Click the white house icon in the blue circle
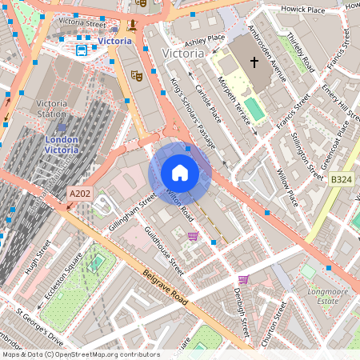coord(180,173)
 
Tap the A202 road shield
coord(80,194)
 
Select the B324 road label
coord(341,181)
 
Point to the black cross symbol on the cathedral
coord(254,62)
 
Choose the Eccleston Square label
coord(64,278)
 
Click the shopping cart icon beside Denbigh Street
coord(243,279)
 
